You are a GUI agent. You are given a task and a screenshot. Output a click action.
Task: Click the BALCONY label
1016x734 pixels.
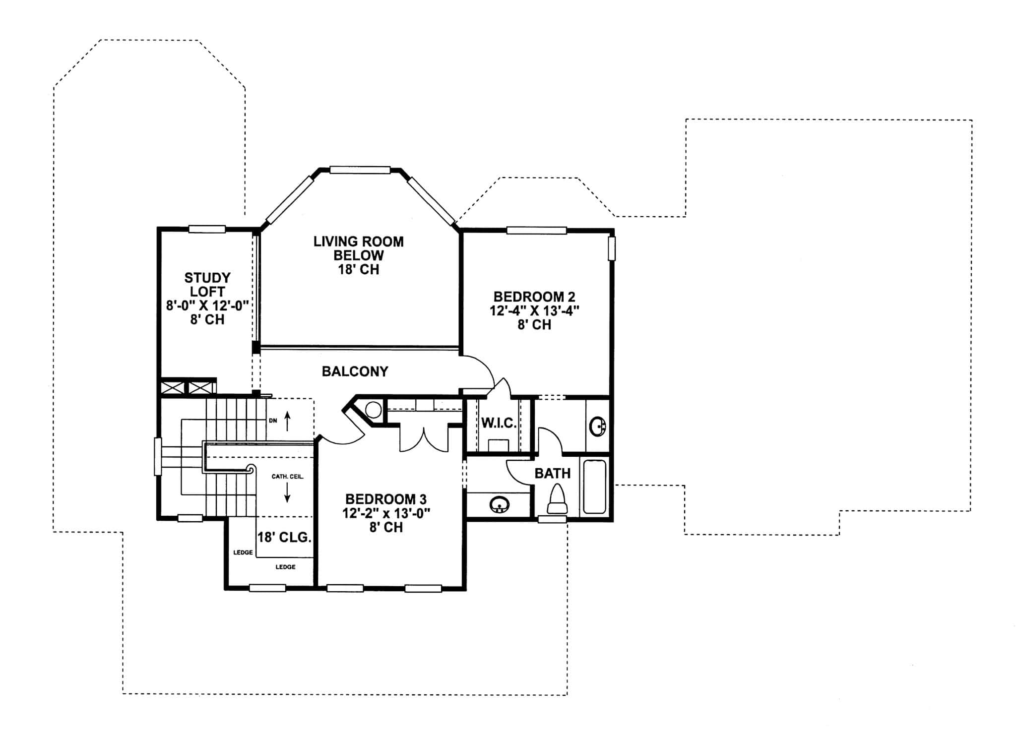point(355,371)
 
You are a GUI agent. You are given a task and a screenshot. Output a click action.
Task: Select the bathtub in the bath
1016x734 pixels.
point(594,487)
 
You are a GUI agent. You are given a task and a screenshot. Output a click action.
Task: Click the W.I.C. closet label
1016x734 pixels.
point(499,424)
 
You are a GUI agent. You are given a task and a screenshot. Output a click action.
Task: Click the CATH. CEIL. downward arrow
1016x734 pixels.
point(287,493)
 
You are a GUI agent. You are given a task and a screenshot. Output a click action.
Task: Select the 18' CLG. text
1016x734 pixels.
point(284,538)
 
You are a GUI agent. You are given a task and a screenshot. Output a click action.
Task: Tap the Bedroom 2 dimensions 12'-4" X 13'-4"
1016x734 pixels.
point(534,311)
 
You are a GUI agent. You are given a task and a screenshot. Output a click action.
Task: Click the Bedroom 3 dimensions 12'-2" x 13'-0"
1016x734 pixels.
point(385,513)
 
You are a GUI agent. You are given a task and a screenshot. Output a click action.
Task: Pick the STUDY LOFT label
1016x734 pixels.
point(207,284)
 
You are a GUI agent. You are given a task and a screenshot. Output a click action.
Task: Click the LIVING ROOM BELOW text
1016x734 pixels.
point(358,248)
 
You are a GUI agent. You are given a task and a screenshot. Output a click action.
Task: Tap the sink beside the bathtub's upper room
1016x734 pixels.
point(597,426)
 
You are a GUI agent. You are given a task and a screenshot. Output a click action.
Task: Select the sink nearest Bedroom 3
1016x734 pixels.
point(499,505)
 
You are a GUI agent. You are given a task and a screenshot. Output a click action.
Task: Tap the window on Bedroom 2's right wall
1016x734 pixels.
point(612,248)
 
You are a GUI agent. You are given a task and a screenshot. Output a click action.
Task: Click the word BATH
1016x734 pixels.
point(552,474)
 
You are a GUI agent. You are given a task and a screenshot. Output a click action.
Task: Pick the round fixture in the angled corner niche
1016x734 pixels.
point(373,410)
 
